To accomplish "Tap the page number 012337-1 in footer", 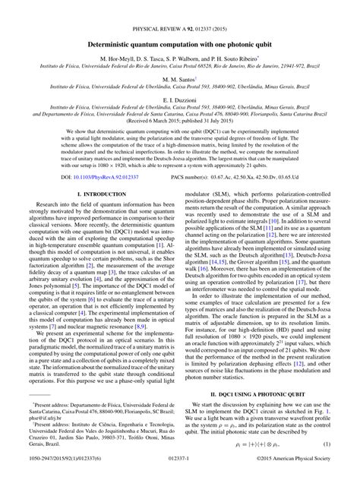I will click(180, 469).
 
